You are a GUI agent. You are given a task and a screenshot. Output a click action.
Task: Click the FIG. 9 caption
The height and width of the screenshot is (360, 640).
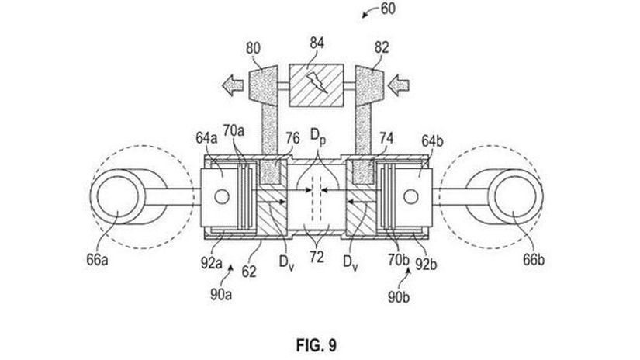[x=317, y=345]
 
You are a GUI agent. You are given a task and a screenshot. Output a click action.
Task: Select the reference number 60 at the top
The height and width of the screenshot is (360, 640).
[x=388, y=9]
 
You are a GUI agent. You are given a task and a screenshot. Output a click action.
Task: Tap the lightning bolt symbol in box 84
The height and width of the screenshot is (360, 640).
[x=317, y=83]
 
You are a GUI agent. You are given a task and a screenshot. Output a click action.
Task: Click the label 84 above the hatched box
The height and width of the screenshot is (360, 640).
[x=317, y=43]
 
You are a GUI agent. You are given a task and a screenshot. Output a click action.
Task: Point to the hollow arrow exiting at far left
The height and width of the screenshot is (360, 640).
[x=233, y=85]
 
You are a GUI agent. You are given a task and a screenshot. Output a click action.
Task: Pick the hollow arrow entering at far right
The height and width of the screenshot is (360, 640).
[x=399, y=85]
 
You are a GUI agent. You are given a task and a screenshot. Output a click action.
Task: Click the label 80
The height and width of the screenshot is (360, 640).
[x=253, y=48]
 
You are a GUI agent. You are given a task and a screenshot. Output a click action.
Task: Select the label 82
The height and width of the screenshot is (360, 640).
[x=382, y=48]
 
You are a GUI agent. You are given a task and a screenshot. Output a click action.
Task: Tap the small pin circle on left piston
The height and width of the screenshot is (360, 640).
[x=222, y=197]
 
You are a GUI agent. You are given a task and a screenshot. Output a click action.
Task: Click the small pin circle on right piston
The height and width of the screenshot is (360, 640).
[x=410, y=197]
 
